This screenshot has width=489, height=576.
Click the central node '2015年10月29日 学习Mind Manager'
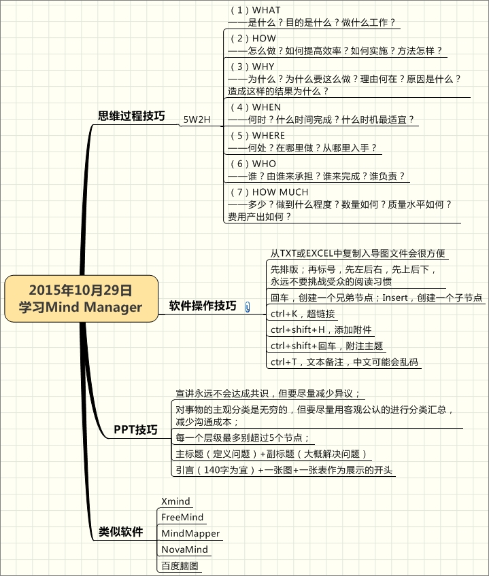click(x=82, y=299)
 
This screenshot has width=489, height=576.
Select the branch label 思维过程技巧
click(x=131, y=115)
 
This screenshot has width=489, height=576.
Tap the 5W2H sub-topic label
click(x=197, y=120)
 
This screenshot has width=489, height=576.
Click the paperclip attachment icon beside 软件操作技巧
click(x=248, y=307)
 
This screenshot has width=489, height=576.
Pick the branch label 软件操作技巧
click(x=203, y=306)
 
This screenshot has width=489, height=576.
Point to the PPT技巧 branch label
click(x=135, y=429)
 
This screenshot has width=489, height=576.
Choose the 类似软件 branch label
click(x=120, y=532)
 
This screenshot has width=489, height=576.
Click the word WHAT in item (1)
click(x=266, y=10)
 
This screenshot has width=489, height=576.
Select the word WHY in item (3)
click(x=263, y=67)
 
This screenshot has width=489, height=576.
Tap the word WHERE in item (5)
click(x=269, y=136)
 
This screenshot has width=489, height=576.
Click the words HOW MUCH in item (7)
click(x=280, y=192)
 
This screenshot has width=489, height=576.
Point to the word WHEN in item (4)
click(x=267, y=107)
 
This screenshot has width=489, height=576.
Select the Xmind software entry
click(x=176, y=501)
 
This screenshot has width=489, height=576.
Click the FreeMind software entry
click(x=182, y=517)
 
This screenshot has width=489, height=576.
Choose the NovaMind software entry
click(x=185, y=550)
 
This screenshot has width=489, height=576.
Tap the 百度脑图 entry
click(x=180, y=566)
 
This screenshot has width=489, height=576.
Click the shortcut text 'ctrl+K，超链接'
click(x=303, y=314)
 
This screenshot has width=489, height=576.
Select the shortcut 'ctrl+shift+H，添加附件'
click(x=321, y=330)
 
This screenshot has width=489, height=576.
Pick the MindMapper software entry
click(x=190, y=533)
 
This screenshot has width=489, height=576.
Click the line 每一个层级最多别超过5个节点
click(x=242, y=438)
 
